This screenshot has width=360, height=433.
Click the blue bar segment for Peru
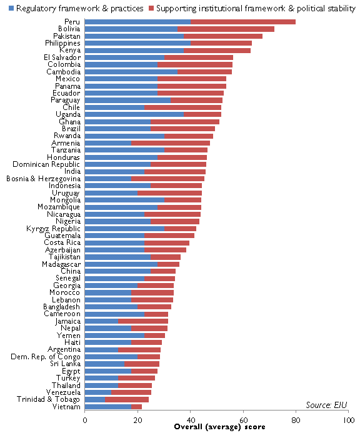click(137, 22)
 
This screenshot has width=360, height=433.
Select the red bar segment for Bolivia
click(226, 29)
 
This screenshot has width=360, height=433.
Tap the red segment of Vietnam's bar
click(136, 407)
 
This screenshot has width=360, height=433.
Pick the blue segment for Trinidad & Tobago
click(95, 399)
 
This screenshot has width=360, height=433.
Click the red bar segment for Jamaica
click(143, 321)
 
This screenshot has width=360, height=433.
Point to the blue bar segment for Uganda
click(134, 114)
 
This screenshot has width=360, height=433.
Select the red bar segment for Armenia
click(171, 143)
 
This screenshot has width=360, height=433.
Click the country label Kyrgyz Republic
click(53, 229)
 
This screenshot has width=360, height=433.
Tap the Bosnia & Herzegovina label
click(43, 179)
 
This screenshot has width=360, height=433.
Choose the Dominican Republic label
click(46, 164)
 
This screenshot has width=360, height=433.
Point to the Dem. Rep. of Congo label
click(46, 357)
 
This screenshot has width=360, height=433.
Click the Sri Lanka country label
click(65, 364)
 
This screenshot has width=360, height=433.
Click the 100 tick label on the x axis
click(349, 421)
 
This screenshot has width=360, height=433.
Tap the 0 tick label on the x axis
click(85, 421)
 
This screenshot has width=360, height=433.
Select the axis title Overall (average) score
click(219, 427)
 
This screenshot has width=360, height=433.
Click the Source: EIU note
click(326, 405)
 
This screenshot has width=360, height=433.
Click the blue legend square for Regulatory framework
click(11, 8)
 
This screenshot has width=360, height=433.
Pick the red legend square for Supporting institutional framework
click(151, 8)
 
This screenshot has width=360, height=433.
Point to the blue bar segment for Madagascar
click(121, 264)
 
